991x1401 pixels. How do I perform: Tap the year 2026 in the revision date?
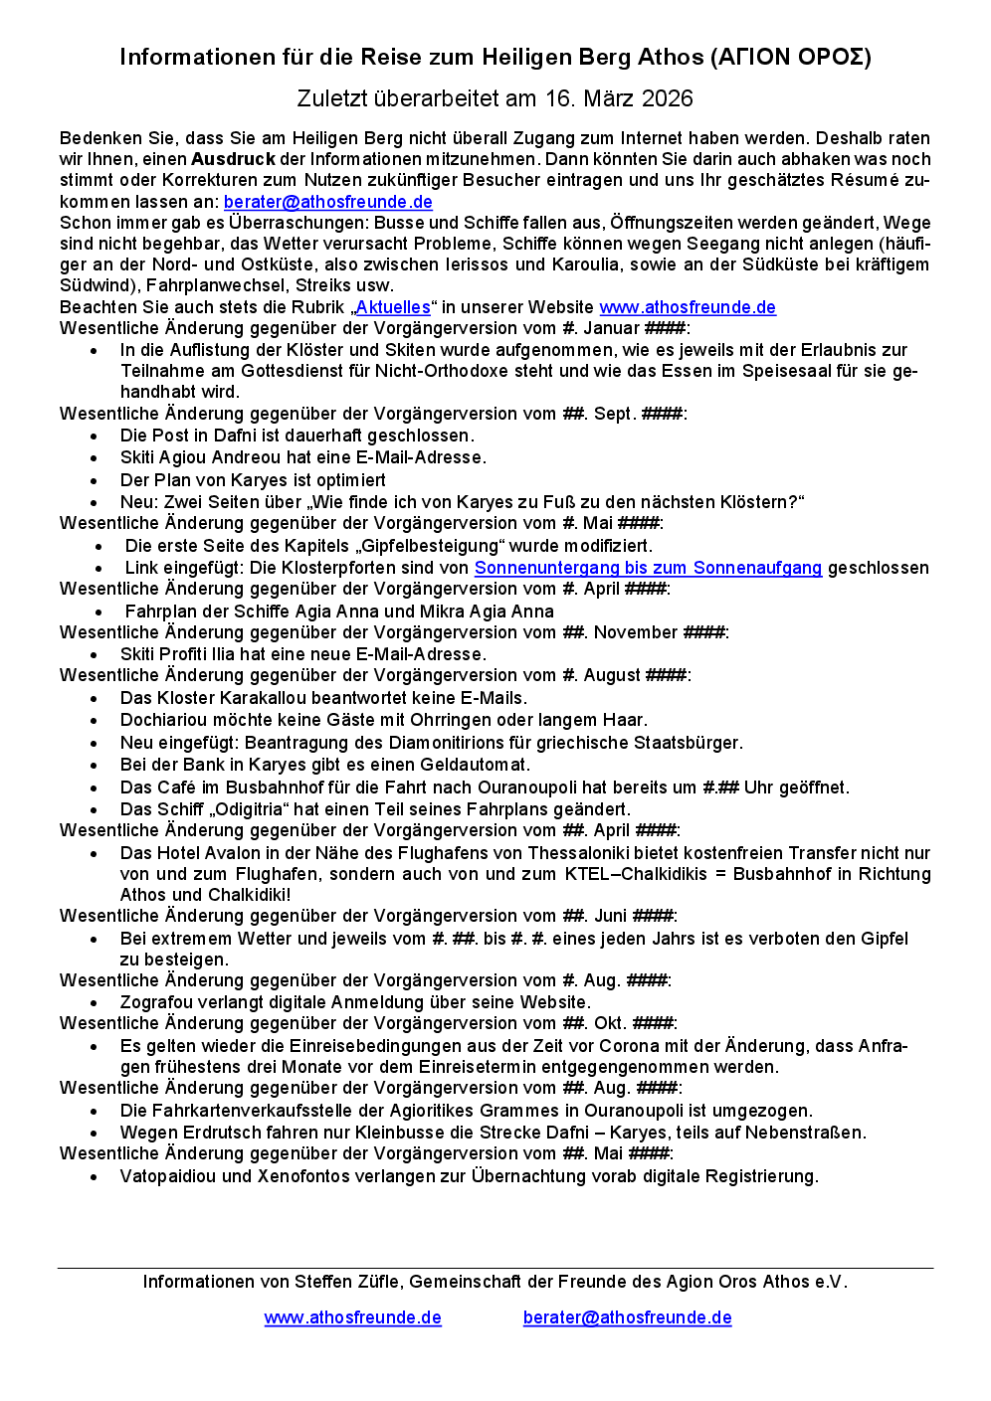click(x=668, y=98)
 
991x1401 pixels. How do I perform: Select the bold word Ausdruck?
click(x=233, y=159)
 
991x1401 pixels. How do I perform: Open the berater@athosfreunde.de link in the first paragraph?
click(x=327, y=202)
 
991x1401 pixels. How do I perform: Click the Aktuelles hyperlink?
click(x=393, y=307)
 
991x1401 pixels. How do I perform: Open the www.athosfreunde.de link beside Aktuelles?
click(x=688, y=307)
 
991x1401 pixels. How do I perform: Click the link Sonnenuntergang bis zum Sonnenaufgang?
click(x=648, y=568)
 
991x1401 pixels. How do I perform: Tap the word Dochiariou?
click(x=162, y=720)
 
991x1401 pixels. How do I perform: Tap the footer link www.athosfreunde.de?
click(x=352, y=1317)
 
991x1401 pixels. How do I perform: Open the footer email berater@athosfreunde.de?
click(x=627, y=1317)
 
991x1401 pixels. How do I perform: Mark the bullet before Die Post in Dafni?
click(x=94, y=437)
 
